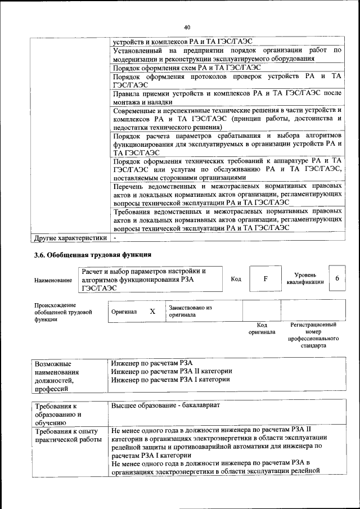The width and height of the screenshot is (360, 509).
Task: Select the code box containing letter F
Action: click(265, 279)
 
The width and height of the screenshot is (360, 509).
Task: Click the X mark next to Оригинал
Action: click(152, 311)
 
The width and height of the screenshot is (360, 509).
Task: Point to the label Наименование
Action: click(53, 280)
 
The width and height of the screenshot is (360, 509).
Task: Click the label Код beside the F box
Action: click(236, 279)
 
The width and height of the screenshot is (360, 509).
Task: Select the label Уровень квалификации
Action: click(305, 278)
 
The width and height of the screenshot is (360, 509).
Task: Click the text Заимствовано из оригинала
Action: click(191, 312)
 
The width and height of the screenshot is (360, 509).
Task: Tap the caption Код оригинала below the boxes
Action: click(262, 328)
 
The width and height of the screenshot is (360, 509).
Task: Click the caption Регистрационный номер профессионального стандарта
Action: click(313, 335)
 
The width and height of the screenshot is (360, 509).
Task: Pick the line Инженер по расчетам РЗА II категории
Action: click(172, 371)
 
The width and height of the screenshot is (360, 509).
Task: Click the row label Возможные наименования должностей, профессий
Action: click(57, 376)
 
